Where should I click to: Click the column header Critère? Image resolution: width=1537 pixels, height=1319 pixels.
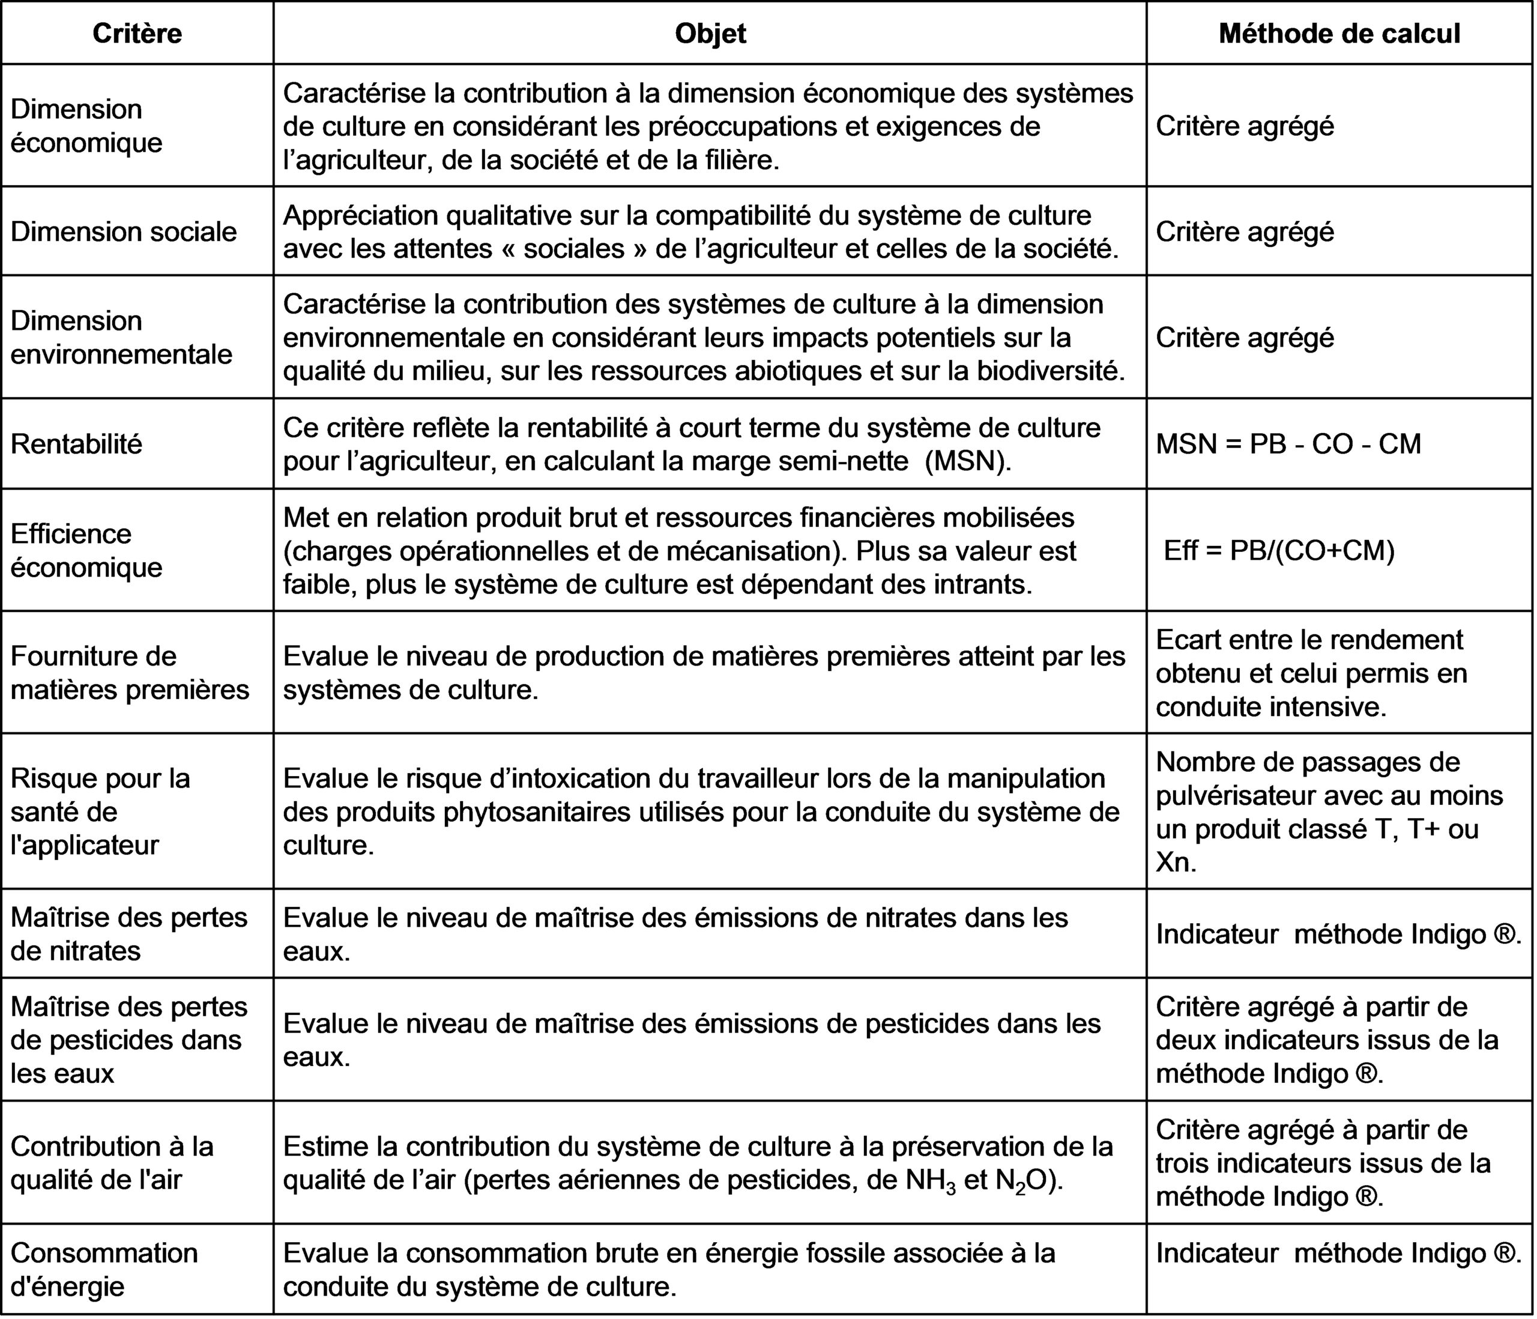[x=137, y=34]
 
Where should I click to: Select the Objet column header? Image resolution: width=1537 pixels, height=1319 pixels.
[x=710, y=34]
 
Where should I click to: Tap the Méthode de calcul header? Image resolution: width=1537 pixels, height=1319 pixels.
[x=1339, y=34]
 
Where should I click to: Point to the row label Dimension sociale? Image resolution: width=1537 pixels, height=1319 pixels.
[x=123, y=232]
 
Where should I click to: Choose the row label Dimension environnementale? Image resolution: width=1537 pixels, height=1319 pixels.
[x=121, y=337]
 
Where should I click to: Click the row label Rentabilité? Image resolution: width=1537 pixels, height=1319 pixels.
[x=76, y=444]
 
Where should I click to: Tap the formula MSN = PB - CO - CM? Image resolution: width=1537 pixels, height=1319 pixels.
[x=1288, y=444]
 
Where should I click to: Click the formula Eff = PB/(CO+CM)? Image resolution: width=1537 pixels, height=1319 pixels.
[x=1279, y=550]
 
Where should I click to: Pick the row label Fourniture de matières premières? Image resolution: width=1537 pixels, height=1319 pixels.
[x=130, y=673]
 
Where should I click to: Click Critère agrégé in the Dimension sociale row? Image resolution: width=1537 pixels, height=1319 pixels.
[x=1245, y=232]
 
